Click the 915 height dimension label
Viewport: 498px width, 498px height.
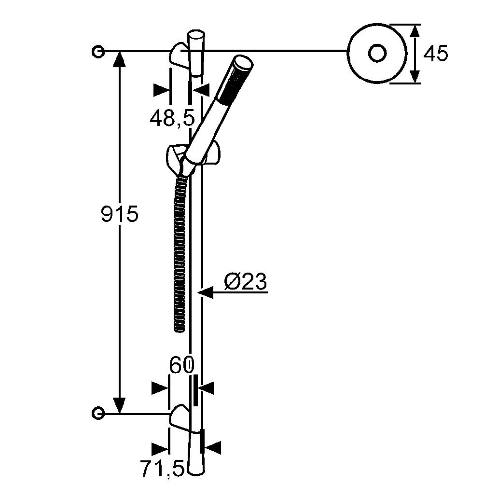tap(120, 214)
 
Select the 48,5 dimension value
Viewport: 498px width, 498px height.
tap(172, 118)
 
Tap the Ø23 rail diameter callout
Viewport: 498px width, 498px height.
tap(246, 281)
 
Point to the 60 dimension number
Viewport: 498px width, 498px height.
tap(181, 365)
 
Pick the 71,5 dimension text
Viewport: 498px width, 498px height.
tap(163, 469)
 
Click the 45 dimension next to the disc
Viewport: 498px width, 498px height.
tap(436, 54)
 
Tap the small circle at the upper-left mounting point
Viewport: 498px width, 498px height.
tap(98, 51)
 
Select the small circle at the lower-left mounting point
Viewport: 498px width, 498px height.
tap(98, 414)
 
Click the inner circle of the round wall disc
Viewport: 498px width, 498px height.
tap(377, 54)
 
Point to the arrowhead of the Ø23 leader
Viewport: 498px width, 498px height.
tap(205, 292)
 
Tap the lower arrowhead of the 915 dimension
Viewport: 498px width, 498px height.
tap(119, 405)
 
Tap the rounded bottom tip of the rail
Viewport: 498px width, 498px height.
tap(196, 472)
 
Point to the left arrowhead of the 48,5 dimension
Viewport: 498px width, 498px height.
tap(161, 90)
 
